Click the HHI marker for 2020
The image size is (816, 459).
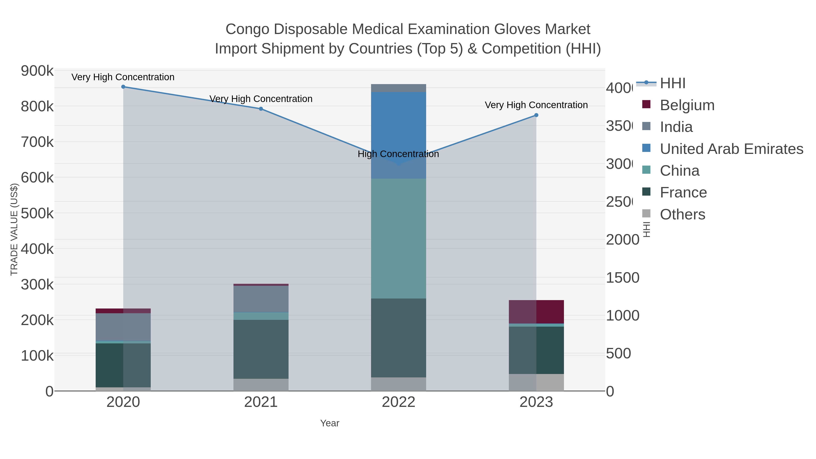point(123,87)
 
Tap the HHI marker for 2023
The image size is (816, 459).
point(536,115)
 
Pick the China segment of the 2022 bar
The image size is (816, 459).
point(398,238)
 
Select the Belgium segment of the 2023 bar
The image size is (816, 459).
point(536,312)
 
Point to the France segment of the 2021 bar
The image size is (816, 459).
point(261,349)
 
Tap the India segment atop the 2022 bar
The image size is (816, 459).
point(398,88)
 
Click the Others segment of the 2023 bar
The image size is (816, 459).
point(536,382)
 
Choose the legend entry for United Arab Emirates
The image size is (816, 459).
point(731,149)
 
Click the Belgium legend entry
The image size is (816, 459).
point(687,105)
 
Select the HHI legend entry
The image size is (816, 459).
point(673,83)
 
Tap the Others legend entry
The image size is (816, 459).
point(682,214)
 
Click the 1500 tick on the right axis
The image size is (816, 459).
point(622,278)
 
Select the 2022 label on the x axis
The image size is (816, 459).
point(398,402)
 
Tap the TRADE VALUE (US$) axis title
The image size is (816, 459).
point(14,229)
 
